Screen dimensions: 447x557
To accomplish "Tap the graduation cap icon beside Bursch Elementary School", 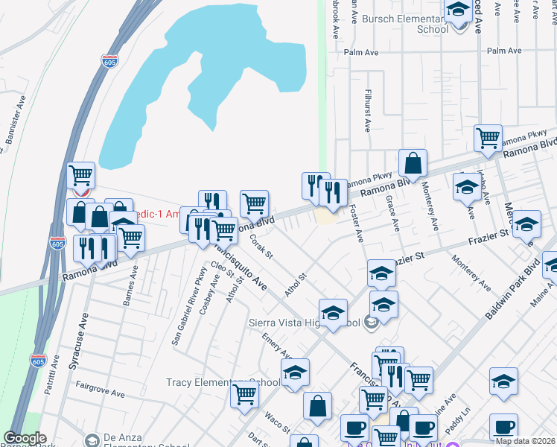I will coord(457,12).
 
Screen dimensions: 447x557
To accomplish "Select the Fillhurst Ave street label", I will coord(367,110).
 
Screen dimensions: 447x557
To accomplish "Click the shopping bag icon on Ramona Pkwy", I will coord(412,162).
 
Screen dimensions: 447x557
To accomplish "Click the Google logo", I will coord(25,438).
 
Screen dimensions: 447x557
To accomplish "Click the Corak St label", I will coord(262,247).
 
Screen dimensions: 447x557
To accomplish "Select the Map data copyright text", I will coord(525,441).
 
